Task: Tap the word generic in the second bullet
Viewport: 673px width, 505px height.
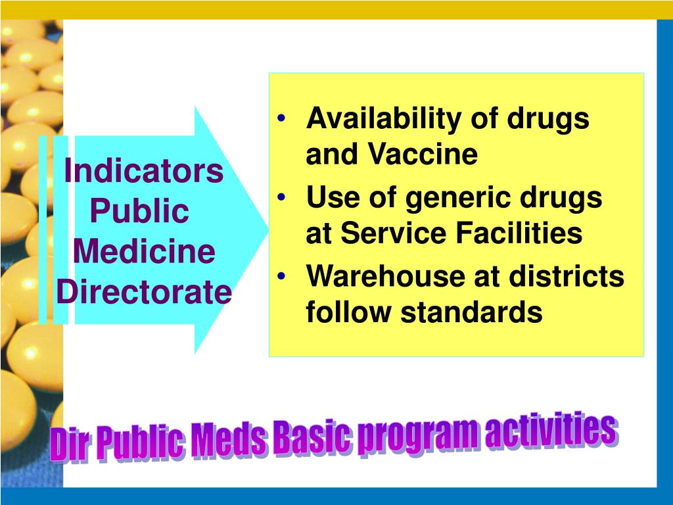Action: coord(453,198)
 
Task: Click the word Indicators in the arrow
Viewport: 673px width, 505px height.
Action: coord(144,172)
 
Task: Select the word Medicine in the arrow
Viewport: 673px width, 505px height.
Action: coord(144,252)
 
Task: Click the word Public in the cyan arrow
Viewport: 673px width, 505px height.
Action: coord(139,212)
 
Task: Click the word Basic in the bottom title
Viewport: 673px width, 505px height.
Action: coord(313,440)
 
